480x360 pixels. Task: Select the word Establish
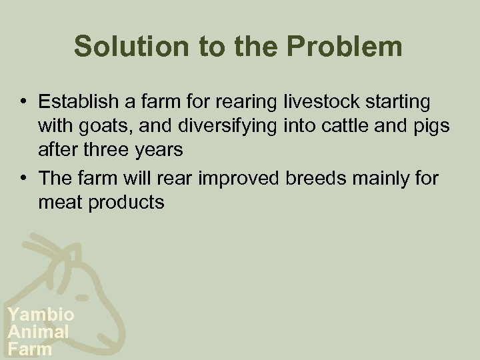tap(79, 102)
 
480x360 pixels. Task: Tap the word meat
tap(59, 202)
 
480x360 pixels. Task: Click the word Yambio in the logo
tap(40, 315)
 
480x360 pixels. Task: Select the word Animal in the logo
tap(37, 331)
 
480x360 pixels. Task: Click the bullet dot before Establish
tap(23, 103)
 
